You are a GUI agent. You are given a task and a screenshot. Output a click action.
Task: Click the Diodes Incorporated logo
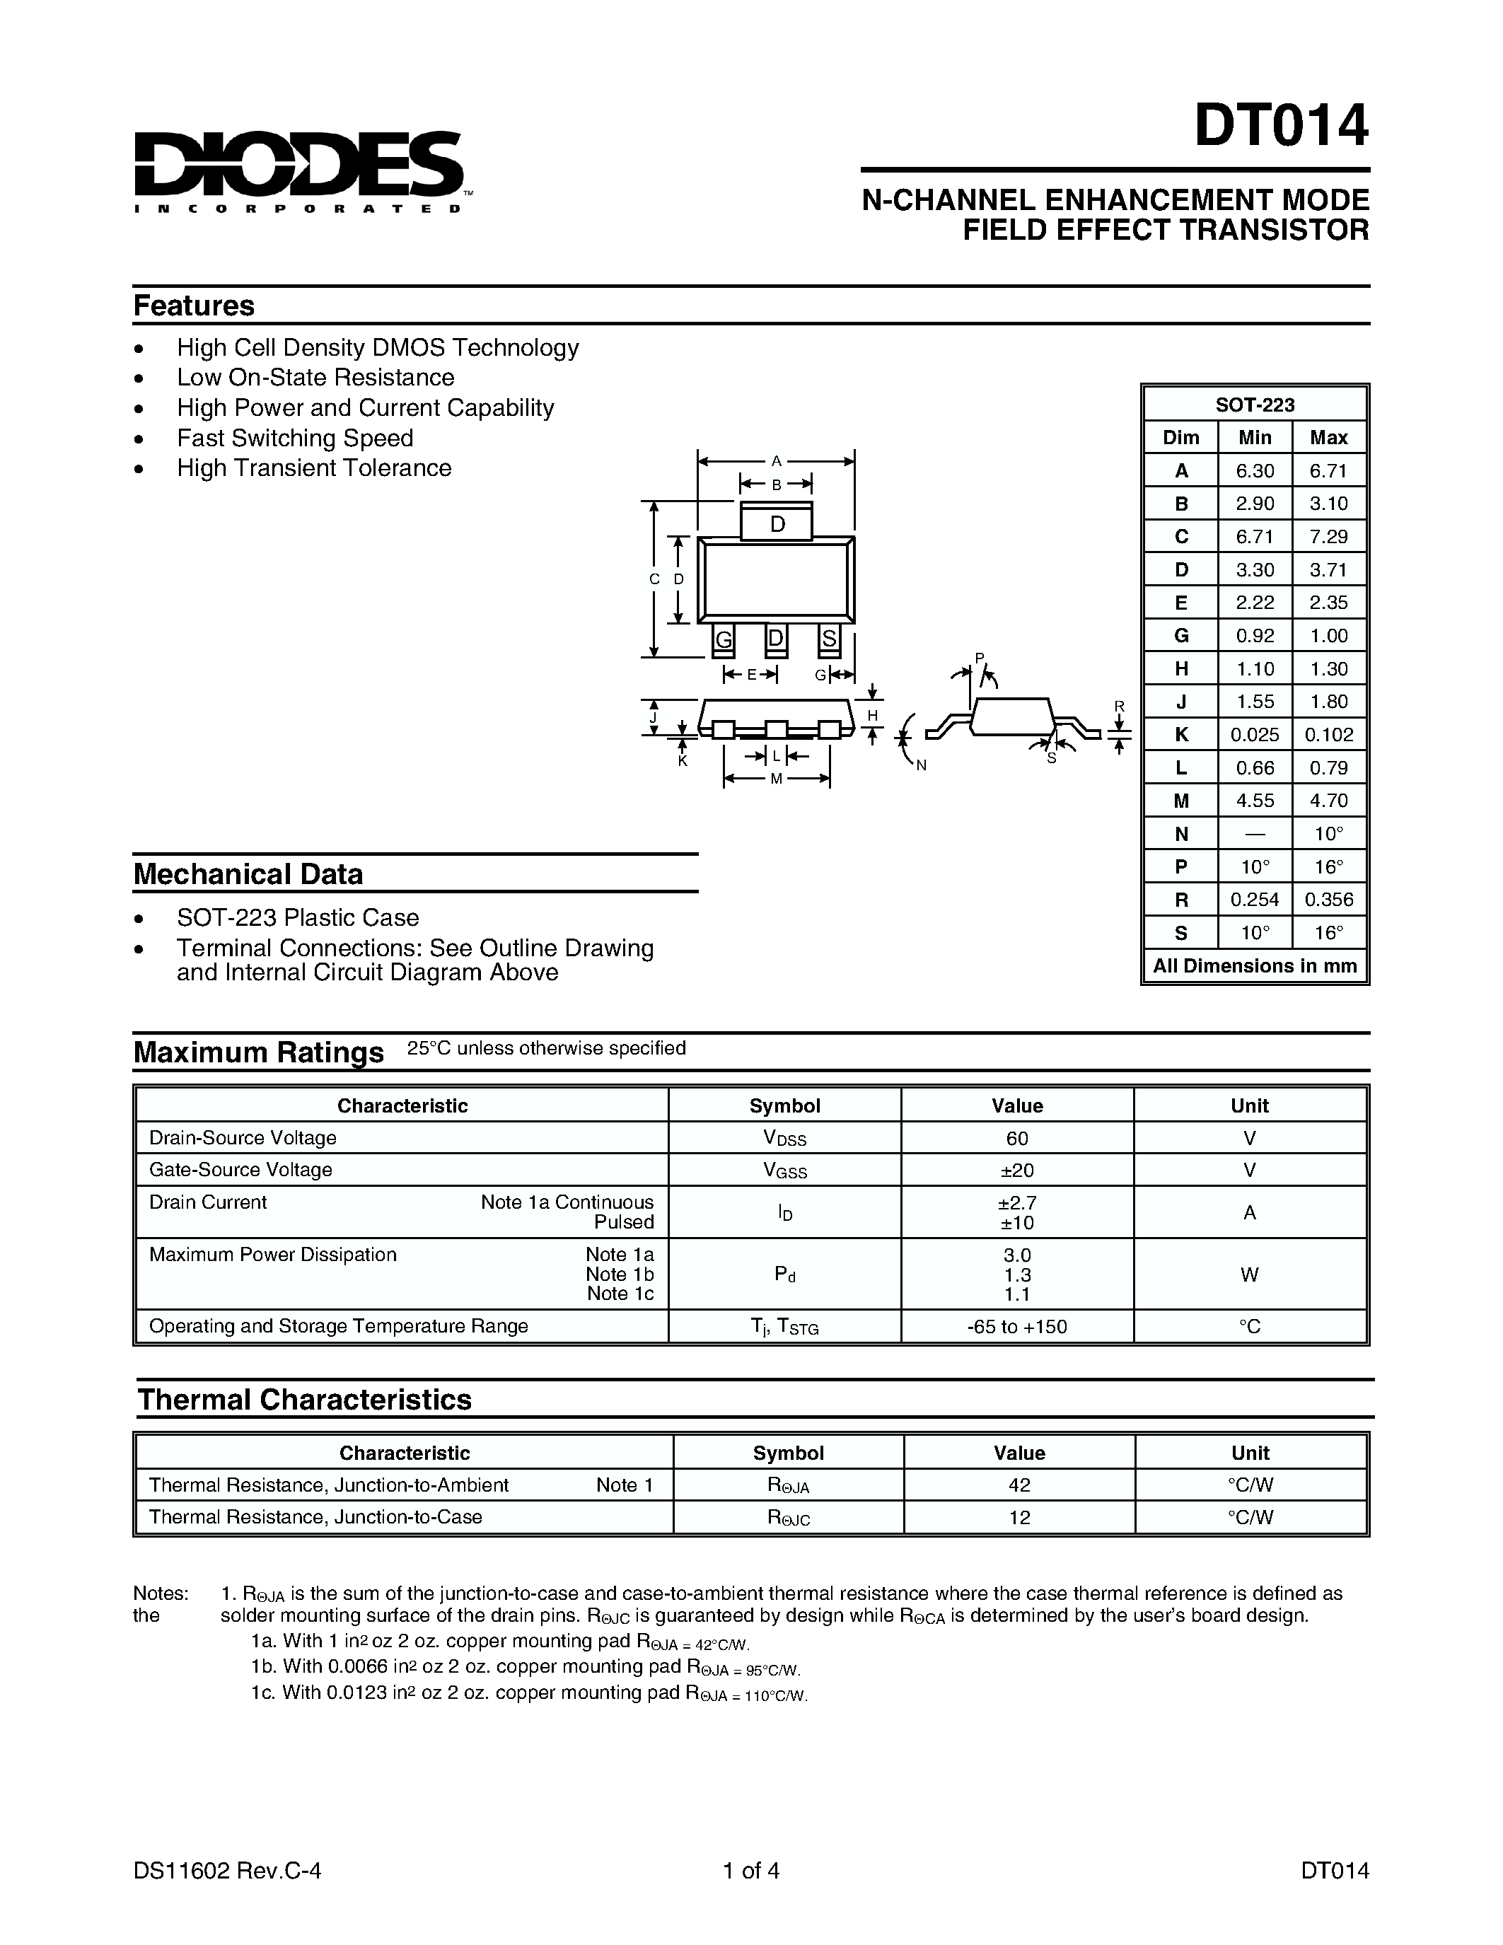coord(298,171)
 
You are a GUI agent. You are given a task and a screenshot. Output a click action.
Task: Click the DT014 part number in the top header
coord(1279,127)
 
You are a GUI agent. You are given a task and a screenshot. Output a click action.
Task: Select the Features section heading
coord(194,306)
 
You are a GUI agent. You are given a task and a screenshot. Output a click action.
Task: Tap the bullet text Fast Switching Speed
coord(295,439)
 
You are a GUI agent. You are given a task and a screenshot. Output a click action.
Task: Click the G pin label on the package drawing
coord(724,639)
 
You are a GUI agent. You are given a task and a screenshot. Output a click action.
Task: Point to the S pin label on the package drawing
coord(829,639)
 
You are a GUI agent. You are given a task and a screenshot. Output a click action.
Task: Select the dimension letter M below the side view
coord(775,779)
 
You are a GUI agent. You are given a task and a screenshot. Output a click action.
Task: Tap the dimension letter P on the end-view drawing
coord(979,658)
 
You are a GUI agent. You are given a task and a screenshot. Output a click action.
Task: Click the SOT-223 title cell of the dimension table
coord(1255,405)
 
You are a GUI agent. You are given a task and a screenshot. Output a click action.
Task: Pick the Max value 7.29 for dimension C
coord(1328,536)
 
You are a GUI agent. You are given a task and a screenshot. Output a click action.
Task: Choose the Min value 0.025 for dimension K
coord(1255,735)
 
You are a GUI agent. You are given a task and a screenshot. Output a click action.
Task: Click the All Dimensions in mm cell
coord(1255,966)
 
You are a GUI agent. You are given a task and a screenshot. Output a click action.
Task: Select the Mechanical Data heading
coord(248,873)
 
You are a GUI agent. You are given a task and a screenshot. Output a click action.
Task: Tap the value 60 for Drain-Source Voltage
coord(1017,1138)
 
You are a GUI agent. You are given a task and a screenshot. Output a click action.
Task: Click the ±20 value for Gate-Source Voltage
coord(1017,1171)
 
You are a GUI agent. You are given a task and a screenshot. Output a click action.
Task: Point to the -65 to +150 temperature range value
coord(1017,1326)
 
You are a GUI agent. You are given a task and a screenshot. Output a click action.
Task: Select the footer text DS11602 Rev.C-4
coord(227,1870)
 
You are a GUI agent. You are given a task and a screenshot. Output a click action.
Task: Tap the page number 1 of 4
coord(751,1870)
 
